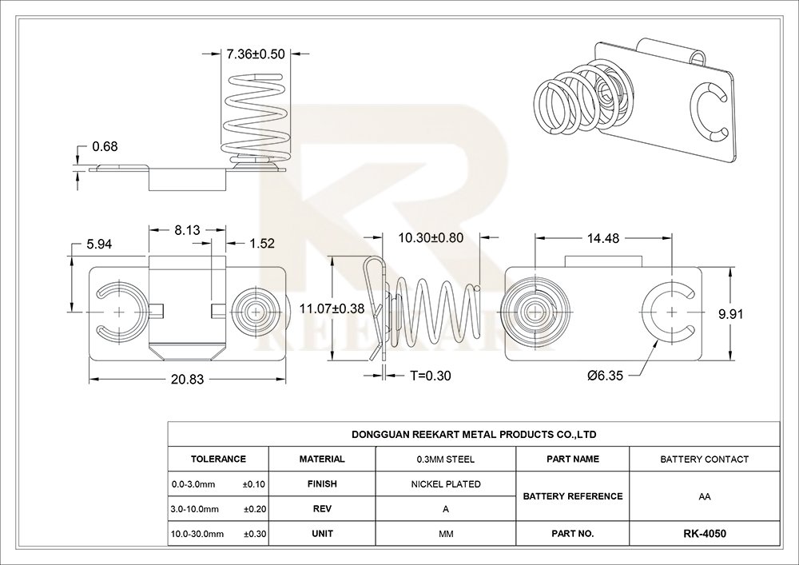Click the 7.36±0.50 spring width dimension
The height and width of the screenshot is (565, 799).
tap(256, 54)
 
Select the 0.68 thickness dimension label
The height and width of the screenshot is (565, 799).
tap(105, 147)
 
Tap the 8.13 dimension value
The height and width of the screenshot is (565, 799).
tap(188, 230)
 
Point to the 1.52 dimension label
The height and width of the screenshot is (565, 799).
tap(262, 244)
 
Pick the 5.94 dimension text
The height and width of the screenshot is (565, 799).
tap(99, 245)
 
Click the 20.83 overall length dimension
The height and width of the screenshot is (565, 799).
tap(188, 380)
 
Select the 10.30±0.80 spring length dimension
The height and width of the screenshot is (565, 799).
tap(431, 238)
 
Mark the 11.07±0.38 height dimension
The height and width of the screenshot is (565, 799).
tap(332, 308)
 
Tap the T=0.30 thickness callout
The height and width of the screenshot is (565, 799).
tap(431, 376)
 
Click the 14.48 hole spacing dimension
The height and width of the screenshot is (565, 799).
tap(603, 238)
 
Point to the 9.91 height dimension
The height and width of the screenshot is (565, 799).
tap(731, 314)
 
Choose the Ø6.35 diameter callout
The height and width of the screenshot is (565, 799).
tap(605, 376)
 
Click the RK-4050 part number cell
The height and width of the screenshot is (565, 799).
tap(705, 534)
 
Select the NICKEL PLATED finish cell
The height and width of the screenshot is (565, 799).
tap(446, 484)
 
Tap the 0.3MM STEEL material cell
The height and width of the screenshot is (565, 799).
tap(446, 460)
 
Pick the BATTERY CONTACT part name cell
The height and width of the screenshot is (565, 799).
tap(705, 460)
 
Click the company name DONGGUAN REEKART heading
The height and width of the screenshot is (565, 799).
tap(474, 435)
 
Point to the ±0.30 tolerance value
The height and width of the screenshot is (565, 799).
tap(254, 534)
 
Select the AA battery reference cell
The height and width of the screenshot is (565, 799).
tap(705, 497)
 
